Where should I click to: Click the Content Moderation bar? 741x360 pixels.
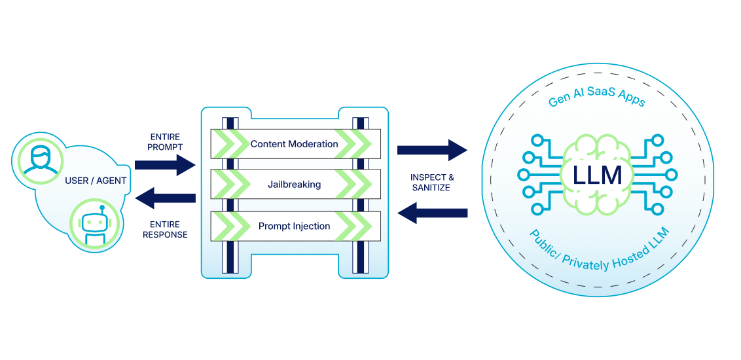pyautogui.click(x=295, y=143)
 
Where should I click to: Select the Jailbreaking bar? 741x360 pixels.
pyautogui.click(x=295, y=185)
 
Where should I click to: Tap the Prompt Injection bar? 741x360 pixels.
pyautogui.click(x=295, y=226)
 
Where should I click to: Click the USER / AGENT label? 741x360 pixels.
pyautogui.click(x=96, y=181)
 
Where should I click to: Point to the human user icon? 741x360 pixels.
pyautogui.click(x=37, y=159)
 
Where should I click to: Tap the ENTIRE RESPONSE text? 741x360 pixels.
pyautogui.click(x=165, y=229)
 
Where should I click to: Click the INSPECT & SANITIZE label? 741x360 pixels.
pyautogui.click(x=432, y=183)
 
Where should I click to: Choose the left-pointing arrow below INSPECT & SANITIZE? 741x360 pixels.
pyautogui.click(x=432, y=213)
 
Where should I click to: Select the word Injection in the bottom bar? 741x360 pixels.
pyautogui.click(x=311, y=226)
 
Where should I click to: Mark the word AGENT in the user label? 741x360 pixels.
pyautogui.click(x=111, y=181)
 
